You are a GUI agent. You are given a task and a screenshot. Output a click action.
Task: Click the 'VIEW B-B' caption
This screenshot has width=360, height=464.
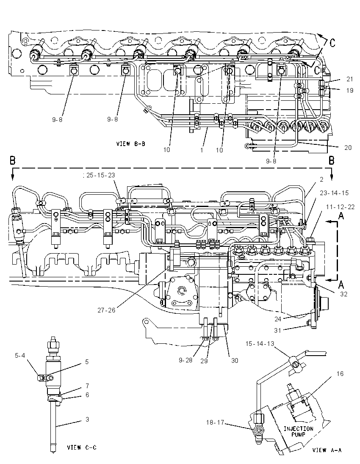(x=130, y=144)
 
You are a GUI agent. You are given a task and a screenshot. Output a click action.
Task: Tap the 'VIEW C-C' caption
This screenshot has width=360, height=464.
(x=82, y=447)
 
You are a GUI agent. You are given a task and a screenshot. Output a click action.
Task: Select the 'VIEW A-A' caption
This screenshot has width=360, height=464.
(x=327, y=450)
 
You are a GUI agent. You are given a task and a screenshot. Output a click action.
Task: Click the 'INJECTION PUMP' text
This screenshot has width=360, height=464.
(x=299, y=431)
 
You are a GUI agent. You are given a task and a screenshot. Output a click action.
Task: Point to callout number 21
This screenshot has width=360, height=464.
(x=350, y=79)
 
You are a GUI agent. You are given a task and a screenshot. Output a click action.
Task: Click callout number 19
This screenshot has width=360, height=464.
(x=350, y=90)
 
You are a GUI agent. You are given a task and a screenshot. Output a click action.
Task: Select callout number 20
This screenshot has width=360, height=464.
(x=348, y=147)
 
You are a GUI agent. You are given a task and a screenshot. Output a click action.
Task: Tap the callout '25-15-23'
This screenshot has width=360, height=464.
(x=100, y=175)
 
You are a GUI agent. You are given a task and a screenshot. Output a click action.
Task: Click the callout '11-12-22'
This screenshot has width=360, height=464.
(x=340, y=207)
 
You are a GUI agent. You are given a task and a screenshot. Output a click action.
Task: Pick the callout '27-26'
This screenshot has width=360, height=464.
(x=106, y=310)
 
